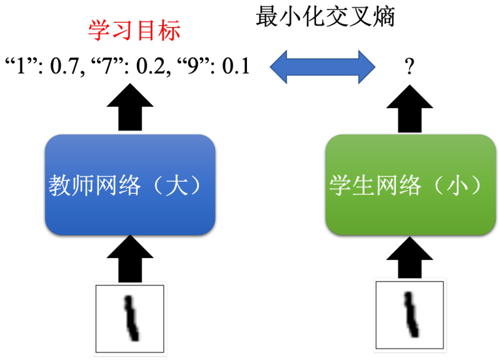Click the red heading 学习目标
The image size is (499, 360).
tap(134, 31)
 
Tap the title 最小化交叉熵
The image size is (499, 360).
tap(325, 16)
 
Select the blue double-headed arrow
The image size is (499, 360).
tap(323, 67)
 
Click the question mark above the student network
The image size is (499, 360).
tap(410, 67)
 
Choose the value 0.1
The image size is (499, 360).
tap(236, 66)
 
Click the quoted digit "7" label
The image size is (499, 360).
tap(106, 66)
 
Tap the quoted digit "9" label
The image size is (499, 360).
tap(193, 66)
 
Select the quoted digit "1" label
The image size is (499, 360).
tap(21, 66)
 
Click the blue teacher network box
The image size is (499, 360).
tap(130, 185)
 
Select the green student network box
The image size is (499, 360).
tap(410, 185)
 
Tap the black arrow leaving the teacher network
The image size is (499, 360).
tap(130, 107)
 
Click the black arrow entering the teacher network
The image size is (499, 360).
tap(130, 259)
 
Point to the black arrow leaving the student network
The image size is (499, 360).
tap(410, 109)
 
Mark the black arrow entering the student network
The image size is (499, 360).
tap(410, 257)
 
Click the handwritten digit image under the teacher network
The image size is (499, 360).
tap(130, 319)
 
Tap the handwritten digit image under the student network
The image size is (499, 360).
tap(410, 315)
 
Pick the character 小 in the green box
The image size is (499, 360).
tap(457, 185)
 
